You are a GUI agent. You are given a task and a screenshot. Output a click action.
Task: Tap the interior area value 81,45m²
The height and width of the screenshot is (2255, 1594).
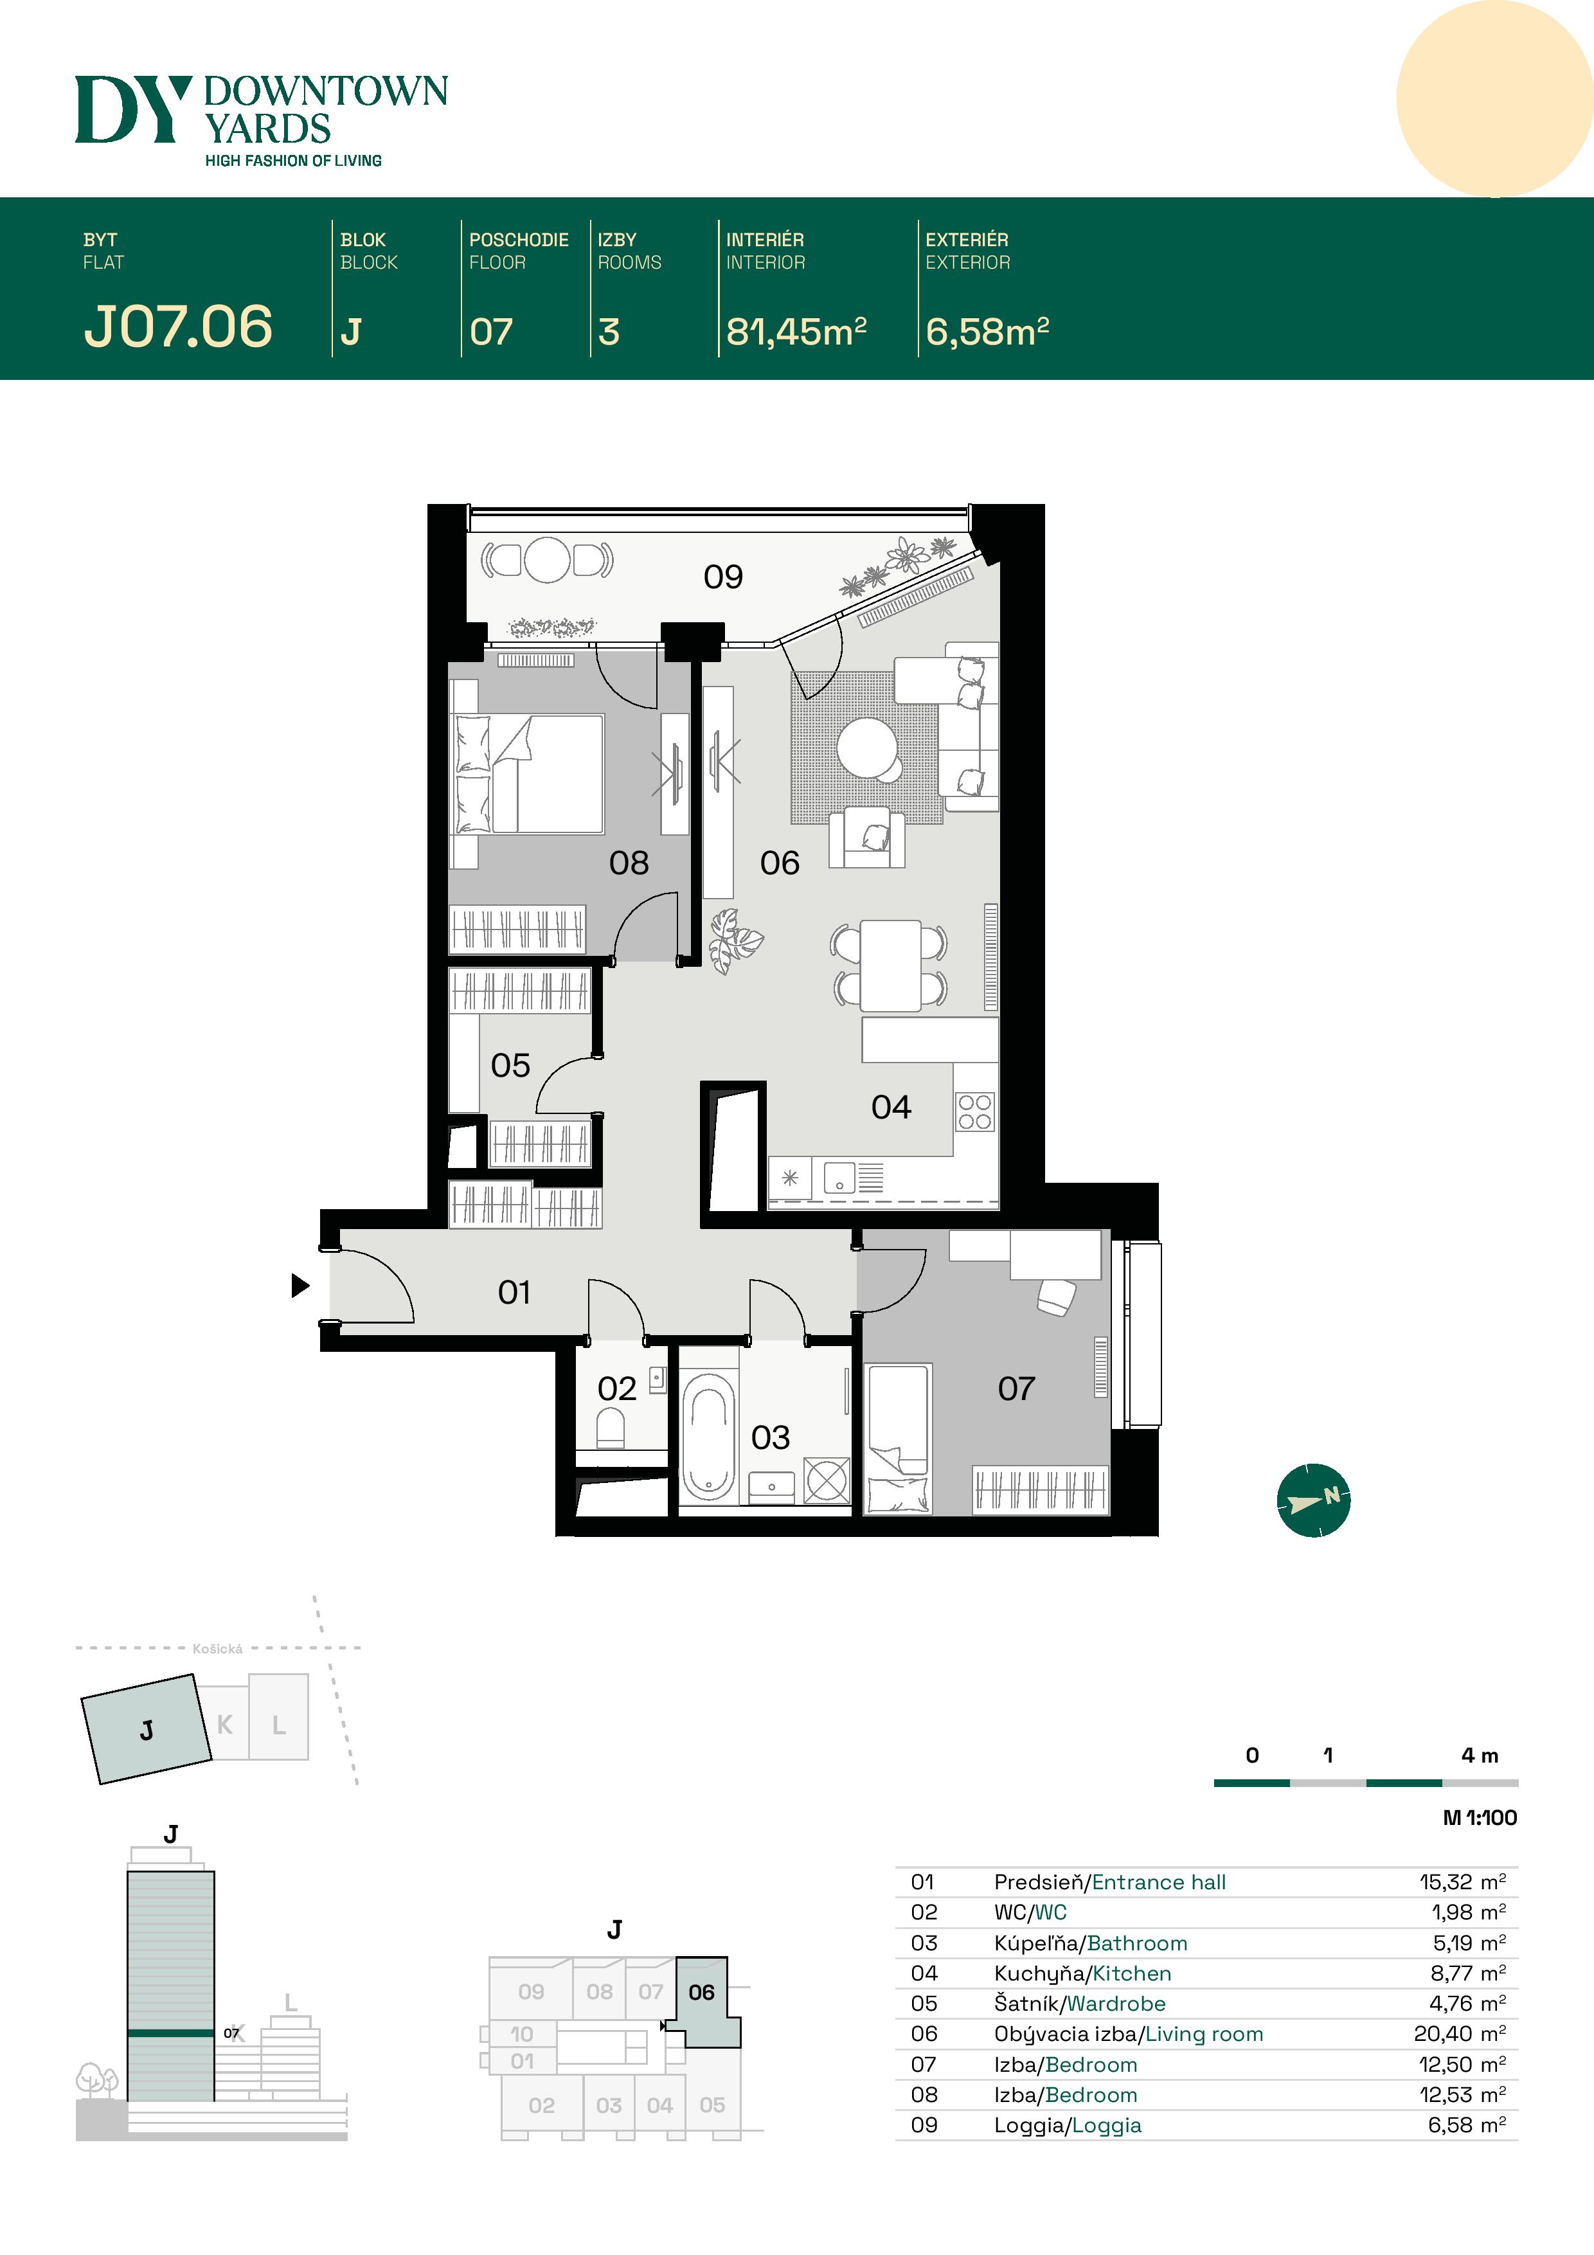(x=796, y=332)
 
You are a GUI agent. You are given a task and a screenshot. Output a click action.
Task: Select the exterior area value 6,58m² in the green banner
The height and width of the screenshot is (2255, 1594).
(x=987, y=332)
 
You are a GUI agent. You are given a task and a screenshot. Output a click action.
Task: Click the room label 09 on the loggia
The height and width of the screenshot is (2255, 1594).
(x=723, y=577)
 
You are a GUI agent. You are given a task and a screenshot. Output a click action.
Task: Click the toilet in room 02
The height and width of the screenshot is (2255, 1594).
(x=611, y=1428)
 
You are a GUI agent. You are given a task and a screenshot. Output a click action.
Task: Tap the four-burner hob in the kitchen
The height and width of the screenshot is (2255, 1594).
(x=974, y=1112)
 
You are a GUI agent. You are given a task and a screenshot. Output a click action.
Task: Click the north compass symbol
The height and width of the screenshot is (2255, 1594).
(x=1313, y=1500)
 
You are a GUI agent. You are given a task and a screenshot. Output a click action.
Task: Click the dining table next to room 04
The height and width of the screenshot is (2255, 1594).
(x=890, y=966)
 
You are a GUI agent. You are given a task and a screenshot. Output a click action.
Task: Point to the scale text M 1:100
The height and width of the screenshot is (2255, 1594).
(x=1479, y=1818)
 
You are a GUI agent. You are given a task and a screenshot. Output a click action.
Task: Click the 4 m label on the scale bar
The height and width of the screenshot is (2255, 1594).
(x=1479, y=1755)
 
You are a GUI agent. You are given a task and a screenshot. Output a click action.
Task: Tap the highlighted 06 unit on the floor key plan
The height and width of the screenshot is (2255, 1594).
(x=701, y=1992)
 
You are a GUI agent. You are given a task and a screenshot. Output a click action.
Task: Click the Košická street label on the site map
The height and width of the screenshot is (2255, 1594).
(x=217, y=1649)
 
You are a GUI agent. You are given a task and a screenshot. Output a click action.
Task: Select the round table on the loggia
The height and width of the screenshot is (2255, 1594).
(x=547, y=560)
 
